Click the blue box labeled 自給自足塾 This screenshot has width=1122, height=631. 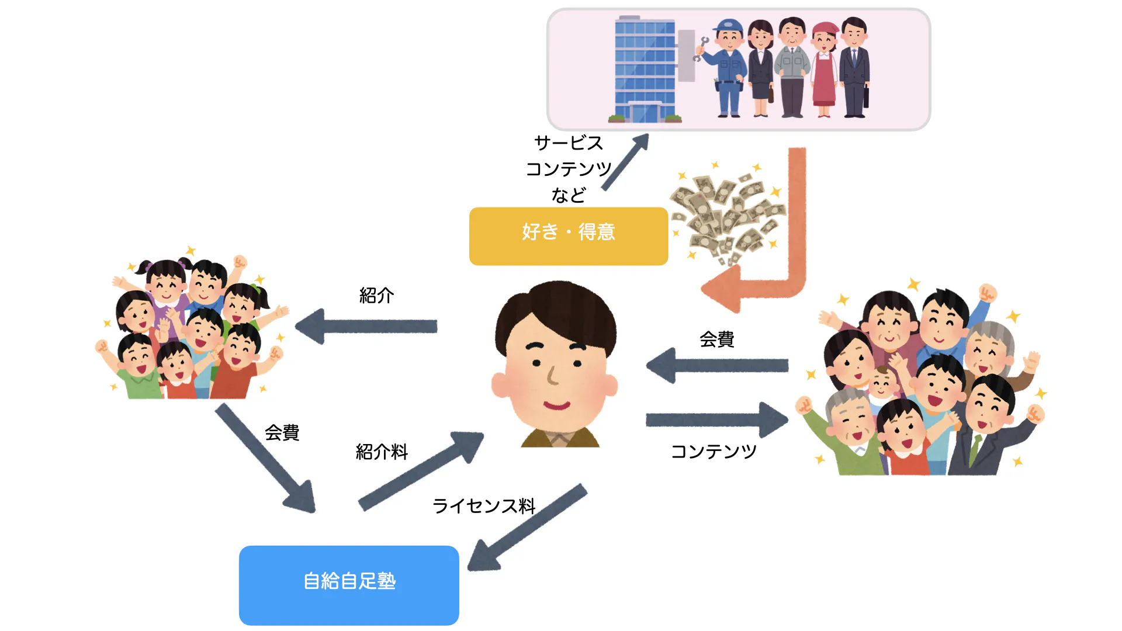[349, 585]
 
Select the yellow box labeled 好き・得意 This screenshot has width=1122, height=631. [568, 236]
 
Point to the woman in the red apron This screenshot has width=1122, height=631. [824, 70]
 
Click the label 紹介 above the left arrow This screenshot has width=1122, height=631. [376, 296]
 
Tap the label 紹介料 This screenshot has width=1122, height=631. [382, 452]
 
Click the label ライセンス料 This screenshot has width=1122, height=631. [484, 506]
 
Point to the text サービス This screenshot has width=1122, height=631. [568, 143]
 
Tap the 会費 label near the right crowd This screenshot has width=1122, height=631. [716, 339]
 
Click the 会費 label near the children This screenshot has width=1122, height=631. [282, 433]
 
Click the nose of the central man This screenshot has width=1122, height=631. [552, 376]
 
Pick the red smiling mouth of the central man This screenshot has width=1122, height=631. [556, 404]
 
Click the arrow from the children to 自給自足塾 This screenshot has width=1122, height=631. [266, 459]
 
